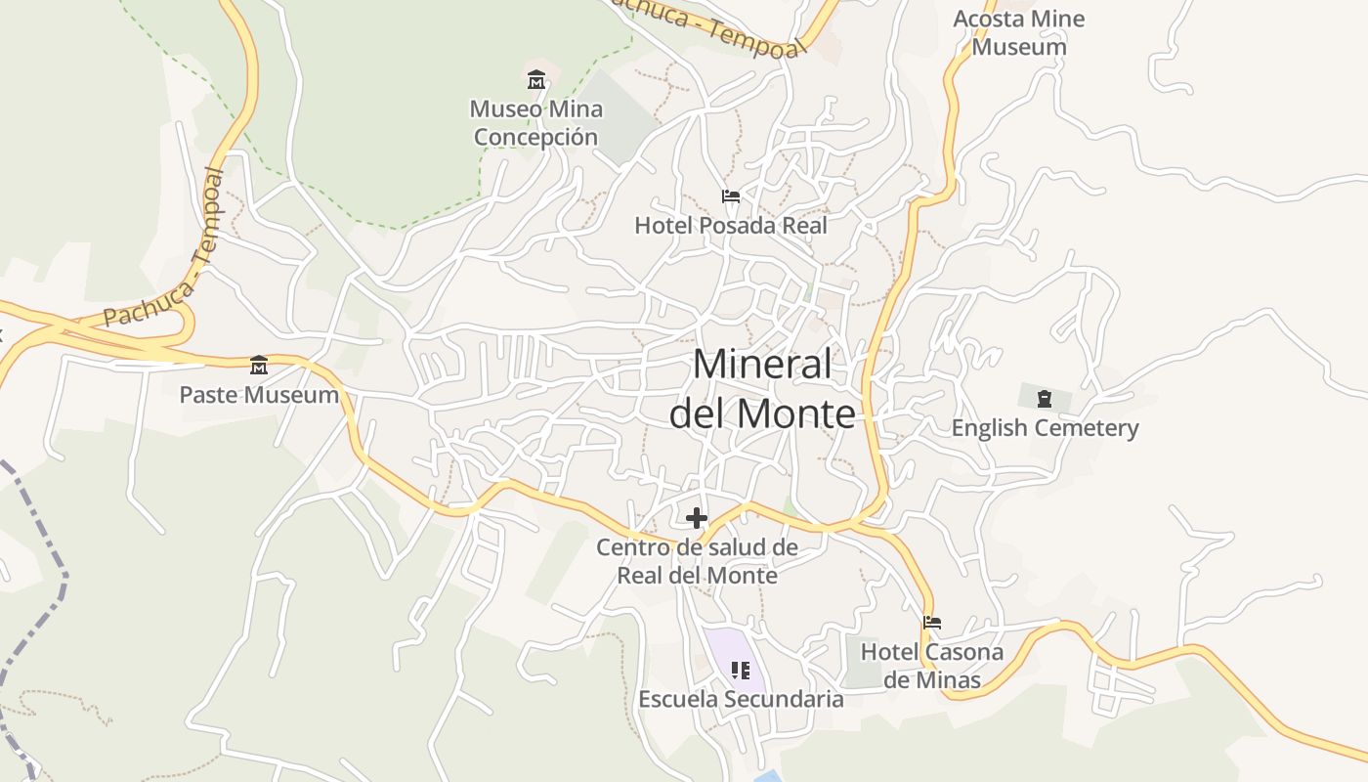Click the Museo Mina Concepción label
[535, 123]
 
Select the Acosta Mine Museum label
[1018, 32]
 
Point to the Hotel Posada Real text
[730, 226]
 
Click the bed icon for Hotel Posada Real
[730, 196]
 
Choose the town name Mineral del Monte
[762, 389]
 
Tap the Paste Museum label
[259, 396]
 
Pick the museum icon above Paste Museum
[259, 366]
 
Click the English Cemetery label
[1045, 428]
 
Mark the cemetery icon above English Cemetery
[1044, 399]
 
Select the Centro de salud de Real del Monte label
[697, 561]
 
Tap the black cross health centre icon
[697, 518]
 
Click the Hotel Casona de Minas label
[931, 666]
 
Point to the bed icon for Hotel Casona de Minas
[932, 622]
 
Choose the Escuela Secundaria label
[741, 700]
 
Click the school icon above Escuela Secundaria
[741, 671]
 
